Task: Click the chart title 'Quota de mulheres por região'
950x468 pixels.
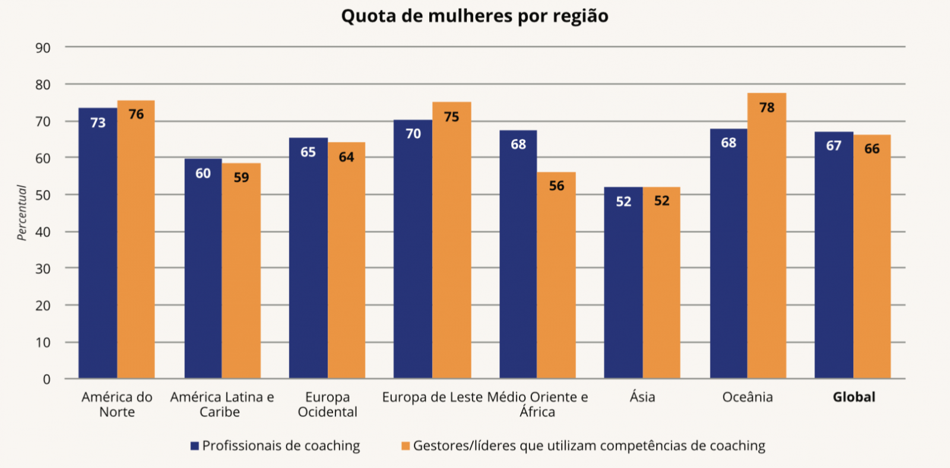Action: point(474,16)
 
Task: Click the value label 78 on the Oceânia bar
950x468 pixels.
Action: point(767,107)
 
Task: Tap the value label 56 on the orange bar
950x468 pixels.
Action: point(556,186)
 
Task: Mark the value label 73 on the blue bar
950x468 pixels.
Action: point(98,123)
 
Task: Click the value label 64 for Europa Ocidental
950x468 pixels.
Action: point(346,157)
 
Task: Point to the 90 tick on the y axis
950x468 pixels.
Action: point(43,48)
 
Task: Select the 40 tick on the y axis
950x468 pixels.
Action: point(43,232)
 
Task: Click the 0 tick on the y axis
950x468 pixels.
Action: point(46,380)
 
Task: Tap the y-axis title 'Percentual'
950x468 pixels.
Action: point(22,213)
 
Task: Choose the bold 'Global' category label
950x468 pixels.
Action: point(854,397)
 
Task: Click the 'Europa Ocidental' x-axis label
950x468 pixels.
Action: point(327,404)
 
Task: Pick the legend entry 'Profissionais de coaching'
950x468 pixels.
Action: point(281,446)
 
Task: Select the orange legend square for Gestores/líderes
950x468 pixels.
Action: point(406,446)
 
